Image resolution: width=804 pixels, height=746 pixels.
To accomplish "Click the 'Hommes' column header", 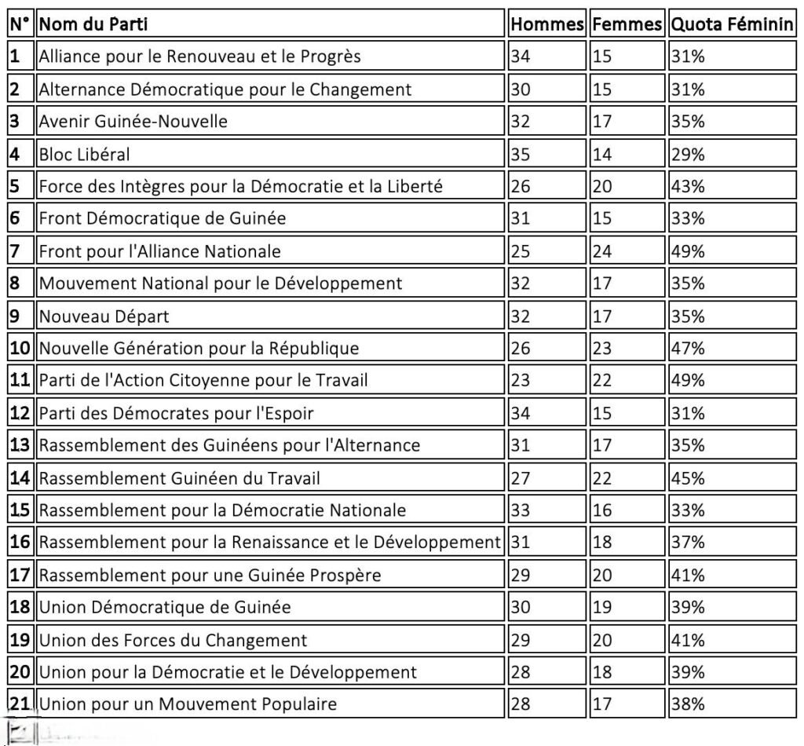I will pos(546,24).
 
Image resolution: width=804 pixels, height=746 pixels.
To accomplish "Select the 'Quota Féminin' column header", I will pos(731,24).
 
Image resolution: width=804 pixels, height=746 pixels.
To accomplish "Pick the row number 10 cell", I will pos(20,348).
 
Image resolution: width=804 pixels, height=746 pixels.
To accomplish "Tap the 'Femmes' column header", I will pos(627,24).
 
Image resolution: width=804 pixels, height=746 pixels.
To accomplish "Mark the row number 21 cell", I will pos(20,704).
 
